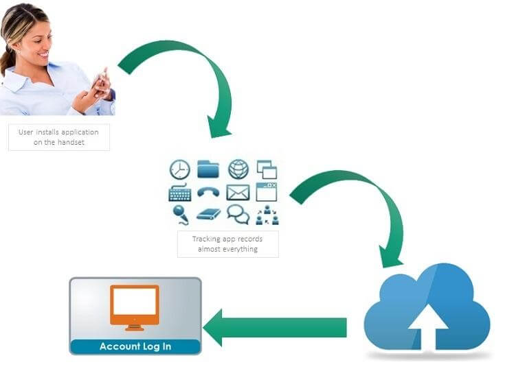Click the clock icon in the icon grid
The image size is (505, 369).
pos(180,169)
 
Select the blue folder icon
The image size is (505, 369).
pos(208,169)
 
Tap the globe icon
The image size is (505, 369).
pos(238,169)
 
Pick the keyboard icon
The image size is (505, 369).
pos(180,192)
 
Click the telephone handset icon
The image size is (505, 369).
pos(208,192)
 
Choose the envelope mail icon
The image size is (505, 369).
pos(238,193)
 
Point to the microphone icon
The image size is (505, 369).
pos(180,215)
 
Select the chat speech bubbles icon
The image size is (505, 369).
pos(238,215)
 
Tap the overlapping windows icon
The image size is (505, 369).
pos(267,169)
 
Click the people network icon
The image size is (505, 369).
pos(267,215)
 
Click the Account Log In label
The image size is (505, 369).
pos(135,346)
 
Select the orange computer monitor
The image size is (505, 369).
pos(135,307)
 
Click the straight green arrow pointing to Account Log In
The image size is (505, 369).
pos(275,328)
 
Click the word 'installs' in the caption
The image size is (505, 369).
pos(47,132)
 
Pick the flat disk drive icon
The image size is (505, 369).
pos(208,215)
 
